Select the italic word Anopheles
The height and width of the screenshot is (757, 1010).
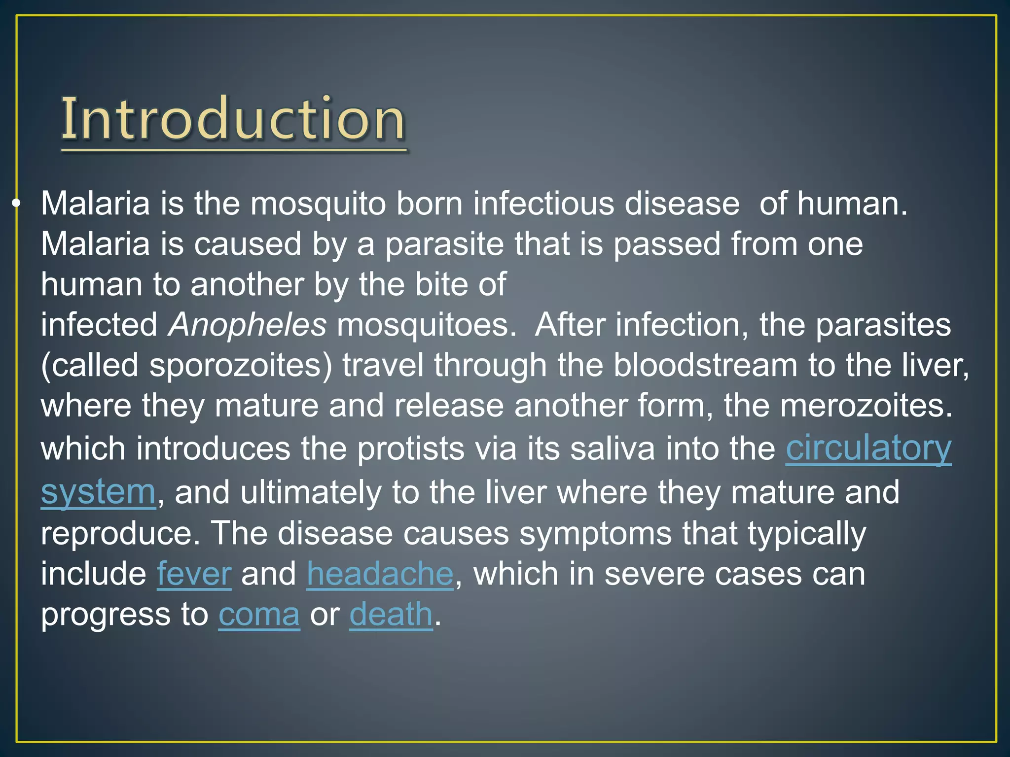247,325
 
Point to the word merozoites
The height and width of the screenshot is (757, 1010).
866,406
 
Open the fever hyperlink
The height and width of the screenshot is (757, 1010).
194,574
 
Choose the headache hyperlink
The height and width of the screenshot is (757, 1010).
380,574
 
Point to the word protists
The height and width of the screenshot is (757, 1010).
410,449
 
